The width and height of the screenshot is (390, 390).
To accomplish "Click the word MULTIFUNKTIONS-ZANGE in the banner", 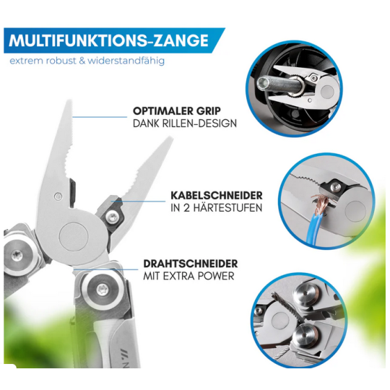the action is (x=108, y=40).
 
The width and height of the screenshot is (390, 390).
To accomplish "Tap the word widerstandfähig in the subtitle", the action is (x=126, y=61).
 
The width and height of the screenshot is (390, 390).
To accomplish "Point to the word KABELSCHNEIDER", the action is (x=217, y=196).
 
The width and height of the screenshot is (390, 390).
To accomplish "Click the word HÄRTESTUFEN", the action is (x=227, y=208).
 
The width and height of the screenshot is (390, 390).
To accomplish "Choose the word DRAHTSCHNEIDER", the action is (x=191, y=264).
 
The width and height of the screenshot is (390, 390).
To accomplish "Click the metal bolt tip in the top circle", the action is (x=263, y=82).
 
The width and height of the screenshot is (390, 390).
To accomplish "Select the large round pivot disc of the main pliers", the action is (x=74, y=237).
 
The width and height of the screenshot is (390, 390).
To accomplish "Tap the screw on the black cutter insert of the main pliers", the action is (x=113, y=217).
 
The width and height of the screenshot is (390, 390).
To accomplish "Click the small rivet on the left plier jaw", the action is (x=58, y=196).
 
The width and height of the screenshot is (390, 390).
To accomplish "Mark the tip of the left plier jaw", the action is (x=69, y=101).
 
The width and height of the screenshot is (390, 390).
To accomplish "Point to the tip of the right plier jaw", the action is (x=170, y=138).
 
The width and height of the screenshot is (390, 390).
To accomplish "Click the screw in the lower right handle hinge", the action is (x=103, y=290).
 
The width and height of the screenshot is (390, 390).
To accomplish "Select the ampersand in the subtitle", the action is (x=82, y=61).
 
